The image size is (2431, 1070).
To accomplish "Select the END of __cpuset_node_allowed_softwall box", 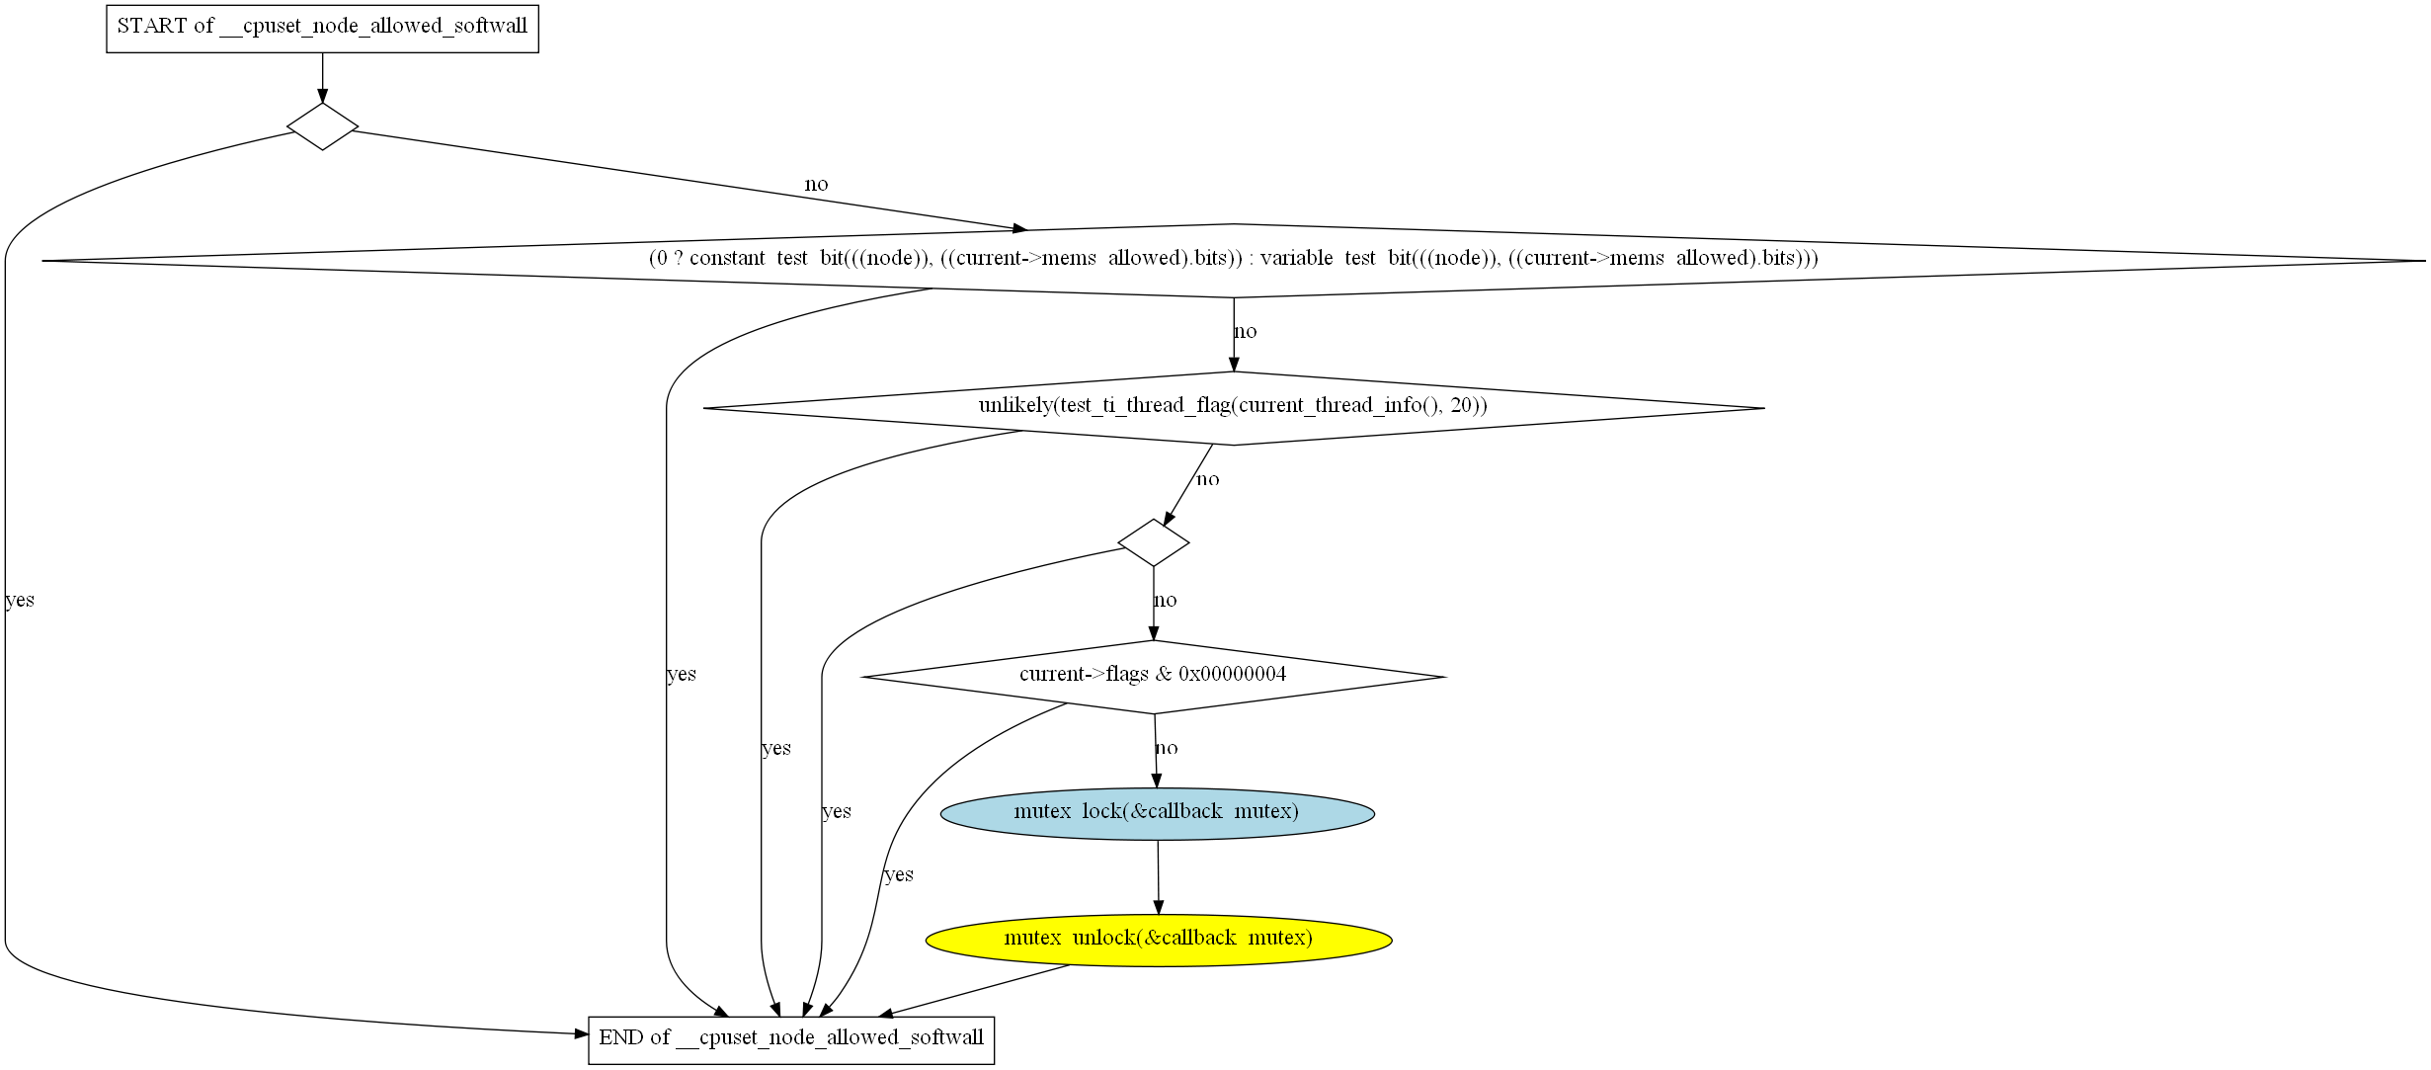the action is tap(791, 1039).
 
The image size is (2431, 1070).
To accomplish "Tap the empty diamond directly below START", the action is tap(323, 126).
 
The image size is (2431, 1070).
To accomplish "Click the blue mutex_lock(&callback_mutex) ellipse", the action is tap(1157, 813).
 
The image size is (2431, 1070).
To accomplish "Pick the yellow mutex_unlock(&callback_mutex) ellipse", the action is tap(1159, 939).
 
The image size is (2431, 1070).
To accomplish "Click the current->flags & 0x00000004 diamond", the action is tap(1154, 677).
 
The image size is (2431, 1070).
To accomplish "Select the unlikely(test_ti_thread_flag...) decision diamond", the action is tap(1234, 407).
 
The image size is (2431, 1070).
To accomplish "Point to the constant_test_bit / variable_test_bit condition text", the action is tap(1234, 258).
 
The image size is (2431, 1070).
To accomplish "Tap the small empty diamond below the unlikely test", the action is tap(1154, 542).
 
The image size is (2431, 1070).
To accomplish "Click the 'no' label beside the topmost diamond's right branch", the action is tap(816, 184).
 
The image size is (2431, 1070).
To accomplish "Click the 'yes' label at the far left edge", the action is tap(20, 600).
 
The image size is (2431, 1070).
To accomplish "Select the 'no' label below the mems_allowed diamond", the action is tap(1246, 332).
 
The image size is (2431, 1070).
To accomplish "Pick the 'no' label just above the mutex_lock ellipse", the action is tap(1167, 748).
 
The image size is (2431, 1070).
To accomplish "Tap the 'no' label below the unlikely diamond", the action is tap(1208, 479).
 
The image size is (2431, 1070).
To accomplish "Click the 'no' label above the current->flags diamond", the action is tap(1166, 600).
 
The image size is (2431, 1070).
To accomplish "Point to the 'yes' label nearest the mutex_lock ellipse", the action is tap(899, 874).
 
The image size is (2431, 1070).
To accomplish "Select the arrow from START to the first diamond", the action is tap(322, 77).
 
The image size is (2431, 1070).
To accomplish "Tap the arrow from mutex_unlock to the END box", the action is tap(974, 990).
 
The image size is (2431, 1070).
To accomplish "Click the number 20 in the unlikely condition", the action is tap(1462, 405).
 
